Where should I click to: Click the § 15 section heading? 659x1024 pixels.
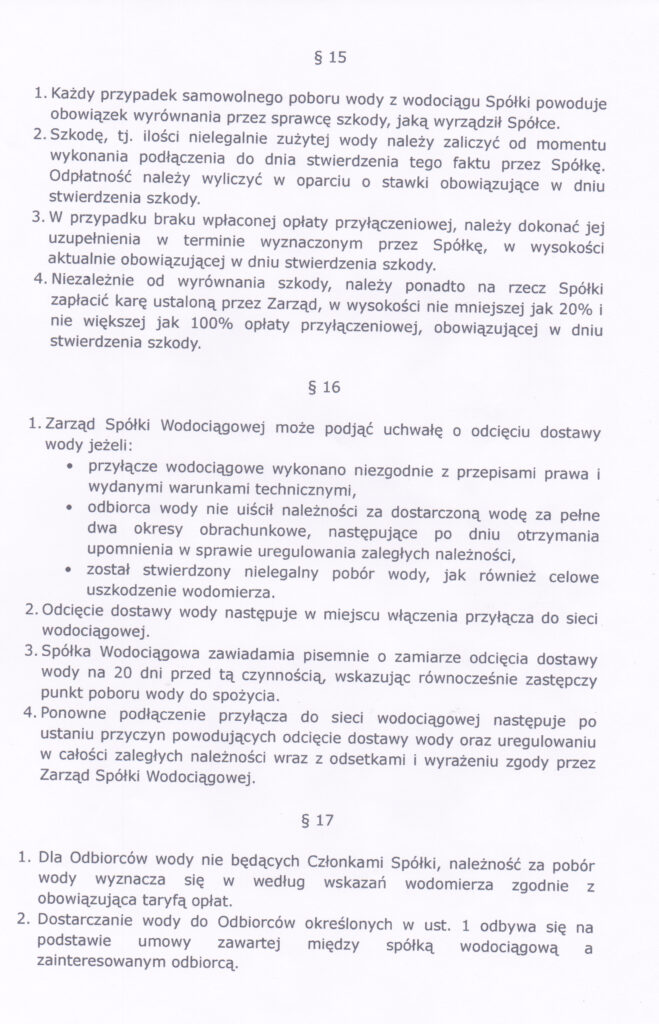coord(330,57)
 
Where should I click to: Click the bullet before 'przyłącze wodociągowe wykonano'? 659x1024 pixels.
coord(67,464)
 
